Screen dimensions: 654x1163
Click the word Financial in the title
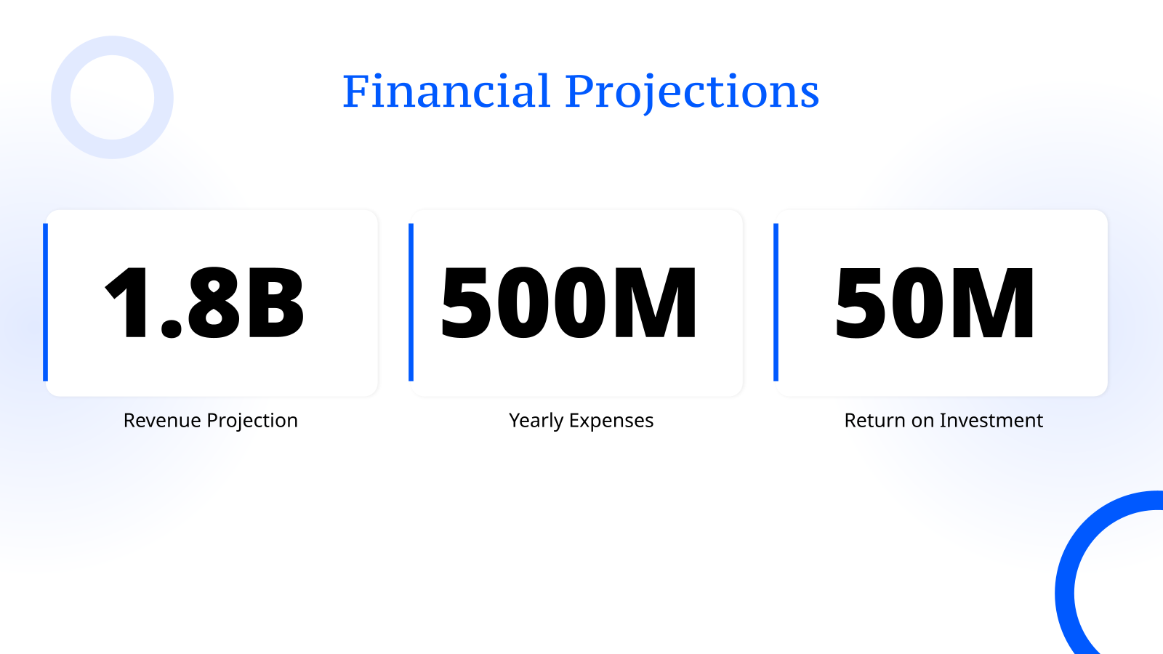click(x=446, y=92)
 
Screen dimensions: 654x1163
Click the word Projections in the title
click(x=692, y=92)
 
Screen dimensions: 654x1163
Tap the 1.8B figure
click(x=205, y=303)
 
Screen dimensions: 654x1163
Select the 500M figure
click(x=569, y=303)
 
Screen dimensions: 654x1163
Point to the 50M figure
click(x=935, y=303)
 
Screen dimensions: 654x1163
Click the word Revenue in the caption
click(x=162, y=421)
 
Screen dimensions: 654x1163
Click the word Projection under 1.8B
click(x=252, y=421)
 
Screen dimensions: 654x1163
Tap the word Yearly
click(x=536, y=421)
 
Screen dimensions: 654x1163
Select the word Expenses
click(x=611, y=421)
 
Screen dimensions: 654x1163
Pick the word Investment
click(x=991, y=421)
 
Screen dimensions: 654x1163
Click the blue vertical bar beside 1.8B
click(x=46, y=302)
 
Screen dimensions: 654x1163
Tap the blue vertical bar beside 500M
click(x=411, y=302)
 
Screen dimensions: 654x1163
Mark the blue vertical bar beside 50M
click(x=776, y=302)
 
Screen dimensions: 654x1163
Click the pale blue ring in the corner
click(x=62, y=97)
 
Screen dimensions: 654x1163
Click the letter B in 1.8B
click(x=275, y=303)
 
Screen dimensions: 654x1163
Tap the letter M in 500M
click(x=654, y=303)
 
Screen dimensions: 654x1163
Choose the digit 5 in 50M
click(x=858, y=303)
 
